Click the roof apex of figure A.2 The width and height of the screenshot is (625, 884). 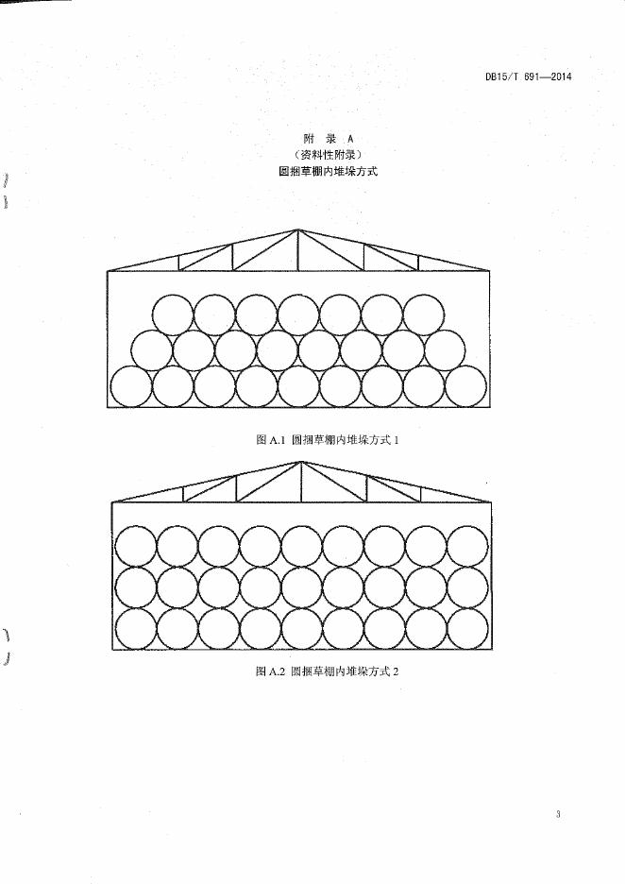click(x=301, y=462)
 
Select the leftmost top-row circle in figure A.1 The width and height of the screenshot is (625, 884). click(x=174, y=314)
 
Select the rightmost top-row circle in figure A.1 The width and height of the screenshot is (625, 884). click(x=423, y=314)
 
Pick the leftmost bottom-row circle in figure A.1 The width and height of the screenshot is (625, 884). click(x=132, y=386)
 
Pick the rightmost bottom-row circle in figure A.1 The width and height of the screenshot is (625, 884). click(x=465, y=386)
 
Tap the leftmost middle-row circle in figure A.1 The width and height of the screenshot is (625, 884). click(x=152, y=350)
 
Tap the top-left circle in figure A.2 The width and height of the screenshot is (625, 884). click(x=135, y=545)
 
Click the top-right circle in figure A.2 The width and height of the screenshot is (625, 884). click(x=467, y=545)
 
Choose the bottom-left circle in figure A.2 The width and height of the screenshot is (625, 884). click(x=135, y=628)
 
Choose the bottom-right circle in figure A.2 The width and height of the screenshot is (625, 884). click(x=467, y=628)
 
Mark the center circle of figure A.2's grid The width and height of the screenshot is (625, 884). click(x=301, y=586)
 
